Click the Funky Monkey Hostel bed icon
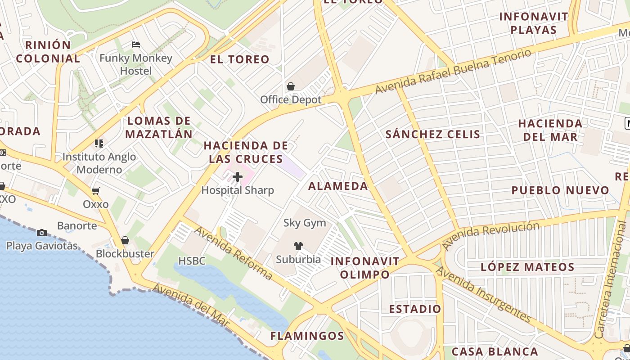pyautogui.click(x=136, y=44)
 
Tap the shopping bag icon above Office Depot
pyautogui.click(x=291, y=86)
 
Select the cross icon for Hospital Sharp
pyautogui.click(x=238, y=177)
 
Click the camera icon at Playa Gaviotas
pyautogui.click(x=42, y=233)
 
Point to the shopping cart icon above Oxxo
pyautogui.click(x=95, y=191)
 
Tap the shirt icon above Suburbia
pyautogui.click(x=298, y=246)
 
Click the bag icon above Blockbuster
pyautogui.click(x=125, y=240)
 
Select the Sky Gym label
pyautogui.click(x=305, y=223)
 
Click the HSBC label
pyautogui.click(x=192, y=261)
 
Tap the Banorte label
pyautogui.click(x=77, y=225)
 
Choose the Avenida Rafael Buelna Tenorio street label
pyautogui.click(x=453, y=72)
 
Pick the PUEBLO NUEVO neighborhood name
pyautogui.click(x=560, y=190)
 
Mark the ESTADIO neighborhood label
pyautogui.click(x=415, y=309)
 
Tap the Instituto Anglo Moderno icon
pyautogui.click(x=99, y=144)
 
